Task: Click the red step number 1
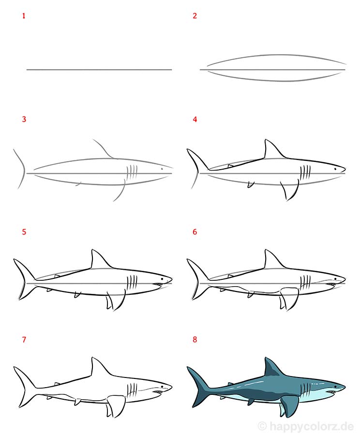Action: [23, 16]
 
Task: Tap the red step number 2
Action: [195, 16]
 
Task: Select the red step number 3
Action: [23, 119]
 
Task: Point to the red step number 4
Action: [195, 119]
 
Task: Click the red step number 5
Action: [23, 232]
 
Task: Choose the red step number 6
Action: [195, 232]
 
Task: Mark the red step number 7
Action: [23, 340]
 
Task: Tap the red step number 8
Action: [195, 340]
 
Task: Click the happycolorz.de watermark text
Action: [310, 425]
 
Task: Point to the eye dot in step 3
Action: [162, 169]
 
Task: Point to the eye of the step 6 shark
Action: [335, 279]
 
